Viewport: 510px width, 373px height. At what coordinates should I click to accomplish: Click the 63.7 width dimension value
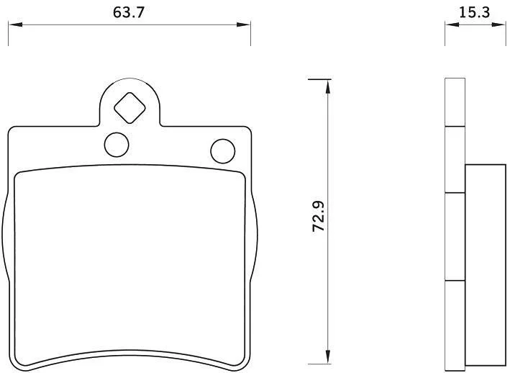coord(129,13)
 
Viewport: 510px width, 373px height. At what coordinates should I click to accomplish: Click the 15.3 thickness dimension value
coord(474,13)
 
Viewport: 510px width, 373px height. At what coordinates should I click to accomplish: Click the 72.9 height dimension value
coord(319,217)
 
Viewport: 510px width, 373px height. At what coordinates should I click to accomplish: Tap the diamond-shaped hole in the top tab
coord(129,108)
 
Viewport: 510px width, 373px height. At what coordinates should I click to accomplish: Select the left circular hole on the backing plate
coord(117,145)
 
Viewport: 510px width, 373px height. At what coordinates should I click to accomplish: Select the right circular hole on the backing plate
coord(223,151)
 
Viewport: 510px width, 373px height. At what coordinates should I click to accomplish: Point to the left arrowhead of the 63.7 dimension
coord(15,24)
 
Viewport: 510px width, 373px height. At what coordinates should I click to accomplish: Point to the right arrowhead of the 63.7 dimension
coord(244,24)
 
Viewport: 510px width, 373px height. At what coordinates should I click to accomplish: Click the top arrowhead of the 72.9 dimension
coord(328,86)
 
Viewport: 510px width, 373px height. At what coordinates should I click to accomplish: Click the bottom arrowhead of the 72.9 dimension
coord(328,356)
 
